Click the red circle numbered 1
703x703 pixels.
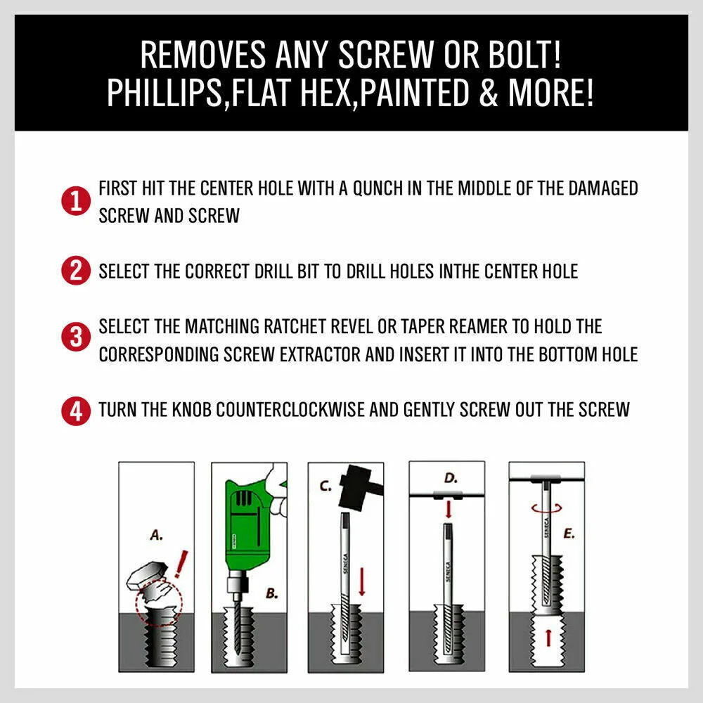tap(76, 201)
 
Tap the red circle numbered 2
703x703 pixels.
tap(76, 271)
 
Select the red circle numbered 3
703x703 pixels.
tap(76, 336)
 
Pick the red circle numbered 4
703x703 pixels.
tap(76, 411)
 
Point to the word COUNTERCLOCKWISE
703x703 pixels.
tap(290, 410)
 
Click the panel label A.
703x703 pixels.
tap(156, 535)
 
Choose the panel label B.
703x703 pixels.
tap(271, 593)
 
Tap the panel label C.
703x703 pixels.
tap(325, 486)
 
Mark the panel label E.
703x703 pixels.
tap(569, 534)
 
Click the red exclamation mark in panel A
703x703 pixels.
tap(181, 564)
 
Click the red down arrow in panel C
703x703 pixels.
tap(362, 581)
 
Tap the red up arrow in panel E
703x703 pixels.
tap(548, 637)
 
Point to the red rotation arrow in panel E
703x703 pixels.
tap(546, 508)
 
